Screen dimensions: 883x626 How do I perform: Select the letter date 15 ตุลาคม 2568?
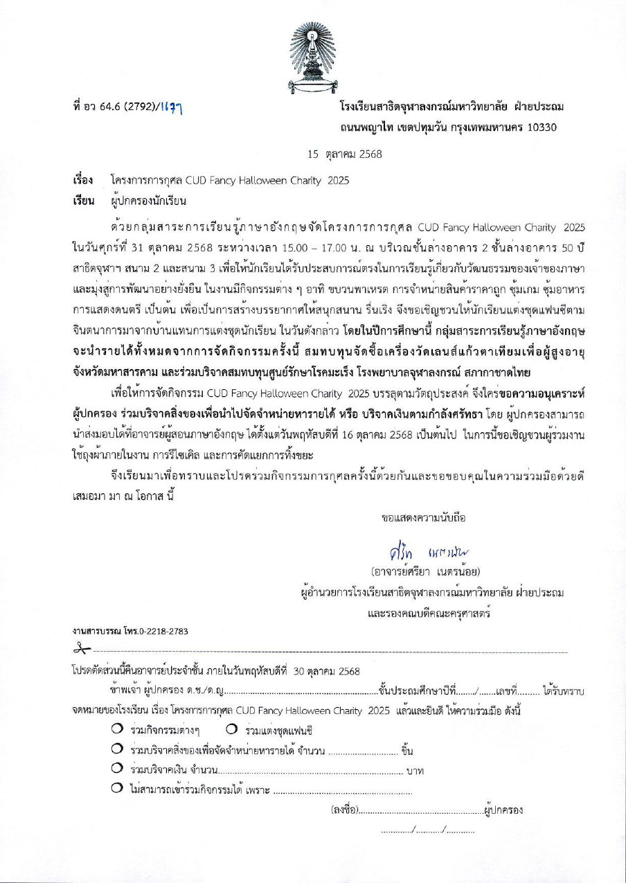pos(345,154)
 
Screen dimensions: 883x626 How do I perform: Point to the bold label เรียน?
pos(83,202)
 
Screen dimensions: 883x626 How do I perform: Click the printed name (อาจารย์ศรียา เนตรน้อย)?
pos(424,571)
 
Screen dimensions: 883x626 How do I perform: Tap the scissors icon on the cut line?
pos(81,649)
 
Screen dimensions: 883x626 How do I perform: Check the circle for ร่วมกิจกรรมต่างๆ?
pos(117,711)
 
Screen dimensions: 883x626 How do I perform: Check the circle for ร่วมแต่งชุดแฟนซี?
pos(232,711)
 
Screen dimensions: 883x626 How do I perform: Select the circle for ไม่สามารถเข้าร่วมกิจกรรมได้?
pos(117,789)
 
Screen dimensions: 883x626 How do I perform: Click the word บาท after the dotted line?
pos(415,771)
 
